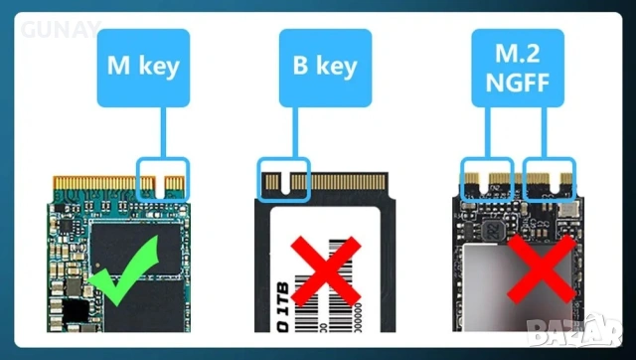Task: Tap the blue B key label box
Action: click(x=327, y=66)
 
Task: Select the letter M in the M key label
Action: click(x=116, y=66)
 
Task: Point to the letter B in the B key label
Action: click(x=297, y=66)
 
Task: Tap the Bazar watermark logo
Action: click(x=597, y=329)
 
